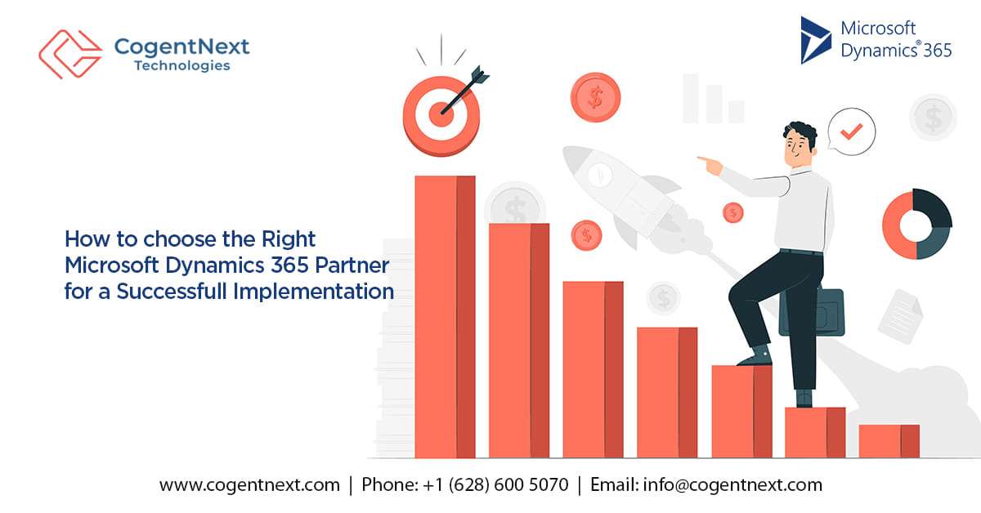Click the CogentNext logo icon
tap(70, 52)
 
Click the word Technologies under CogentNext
tap(181, 65)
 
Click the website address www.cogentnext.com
tap(249, 484)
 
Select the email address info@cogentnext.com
tap(732, 484)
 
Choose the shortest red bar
tap(889, 440)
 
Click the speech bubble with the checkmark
tap(852, 130)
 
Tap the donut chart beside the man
tap(916, 224)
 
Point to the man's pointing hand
tap(710, 164)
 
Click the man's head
tap(800, 145)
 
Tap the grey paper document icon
tap(901, 316)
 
